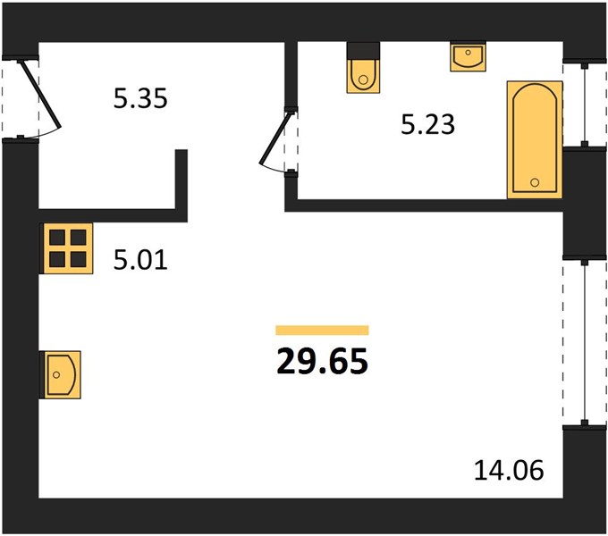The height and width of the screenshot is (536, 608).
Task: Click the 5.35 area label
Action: [x=140, y=98]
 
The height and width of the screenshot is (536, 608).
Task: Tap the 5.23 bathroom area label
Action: [x=427, y=125]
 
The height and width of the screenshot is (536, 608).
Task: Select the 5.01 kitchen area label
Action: [x=140, y=259]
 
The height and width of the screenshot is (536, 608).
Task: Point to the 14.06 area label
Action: [x=509, y=471]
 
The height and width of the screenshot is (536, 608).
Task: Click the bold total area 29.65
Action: [x=322, y=361]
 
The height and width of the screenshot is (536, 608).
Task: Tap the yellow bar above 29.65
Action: [x=322, y=330]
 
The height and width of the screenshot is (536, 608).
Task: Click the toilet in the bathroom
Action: [x=363, y=68]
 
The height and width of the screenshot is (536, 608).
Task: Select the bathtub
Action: [x=535, y=139]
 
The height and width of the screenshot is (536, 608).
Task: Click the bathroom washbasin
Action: [x=468, y=56]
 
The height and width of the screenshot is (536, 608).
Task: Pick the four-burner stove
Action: [x=67, y=248]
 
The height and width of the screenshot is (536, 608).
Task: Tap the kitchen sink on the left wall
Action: [x=61, y=374]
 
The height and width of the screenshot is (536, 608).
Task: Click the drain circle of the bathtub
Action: [x=535, y=182]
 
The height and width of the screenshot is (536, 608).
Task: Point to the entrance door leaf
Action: [x=41, y=94]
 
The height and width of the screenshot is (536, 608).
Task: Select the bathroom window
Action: [x=585, y=104]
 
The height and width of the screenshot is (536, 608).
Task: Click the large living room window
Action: [x=585, y=342]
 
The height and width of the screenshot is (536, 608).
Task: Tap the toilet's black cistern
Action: [x=363, y=51]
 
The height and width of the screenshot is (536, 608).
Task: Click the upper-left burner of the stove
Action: [x=57, y=237]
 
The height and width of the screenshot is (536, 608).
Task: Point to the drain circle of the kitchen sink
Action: [x=56, y=374]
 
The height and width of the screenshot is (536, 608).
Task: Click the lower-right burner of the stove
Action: [x=79, y=259]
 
